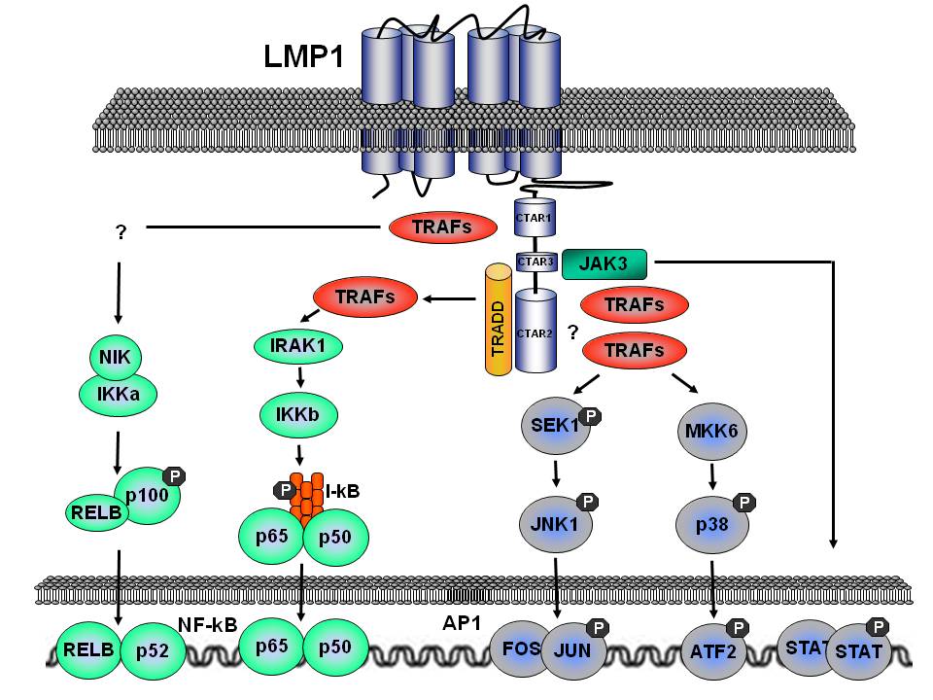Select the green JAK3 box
click(607, 262)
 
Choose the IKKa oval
click(116, 395)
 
